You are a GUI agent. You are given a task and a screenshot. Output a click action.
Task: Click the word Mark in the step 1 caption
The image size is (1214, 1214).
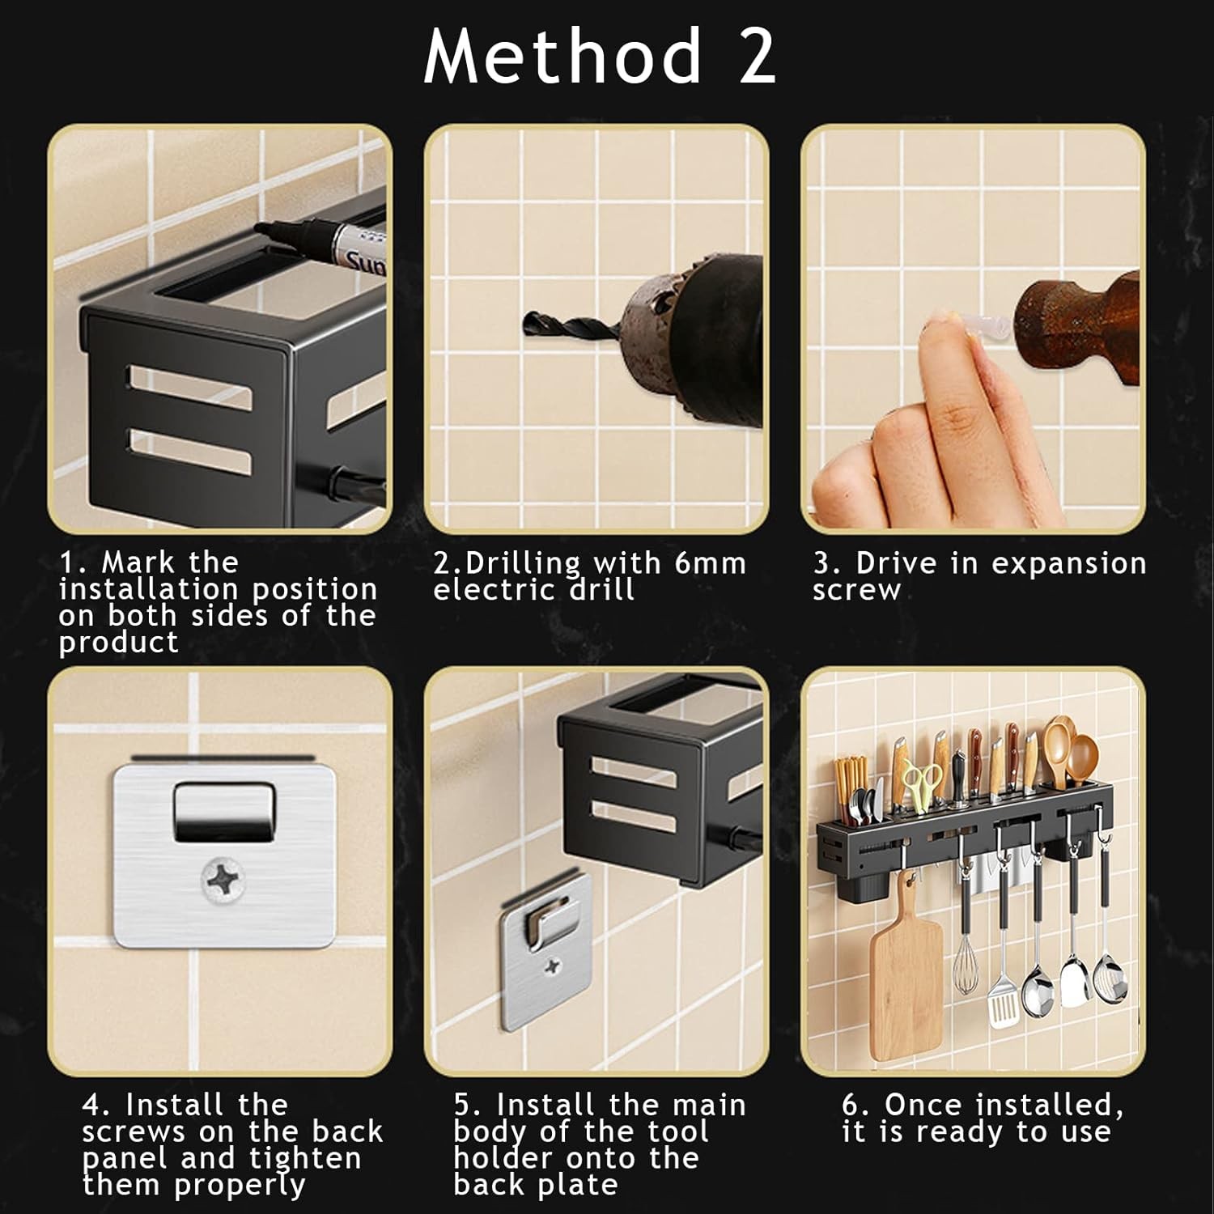137,562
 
